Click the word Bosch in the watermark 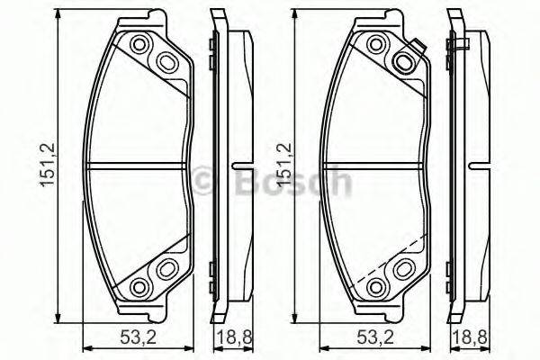tap(291, 183)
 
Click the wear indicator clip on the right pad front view tap(416, 54)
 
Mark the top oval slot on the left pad tap(166, 61)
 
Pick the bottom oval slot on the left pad tap(166, 269)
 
